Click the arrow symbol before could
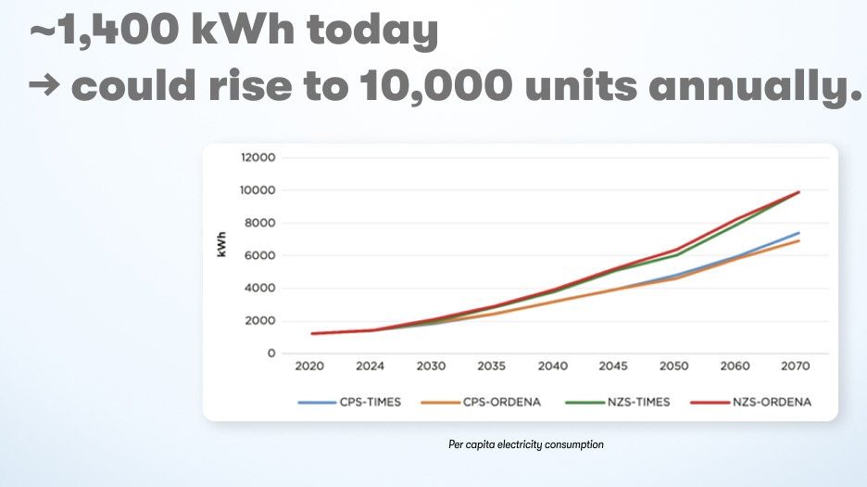[44, 88]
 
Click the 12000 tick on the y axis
[258, 157]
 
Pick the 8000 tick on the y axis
[260, 223]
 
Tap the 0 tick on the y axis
[271, 354]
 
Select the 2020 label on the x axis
[309, 367]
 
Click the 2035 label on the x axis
[492, 367]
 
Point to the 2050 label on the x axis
[673, 367]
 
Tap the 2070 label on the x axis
[796, 367]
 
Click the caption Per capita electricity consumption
[525, 445]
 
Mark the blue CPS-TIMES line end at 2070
[798, 233]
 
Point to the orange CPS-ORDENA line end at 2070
[798, 241]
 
